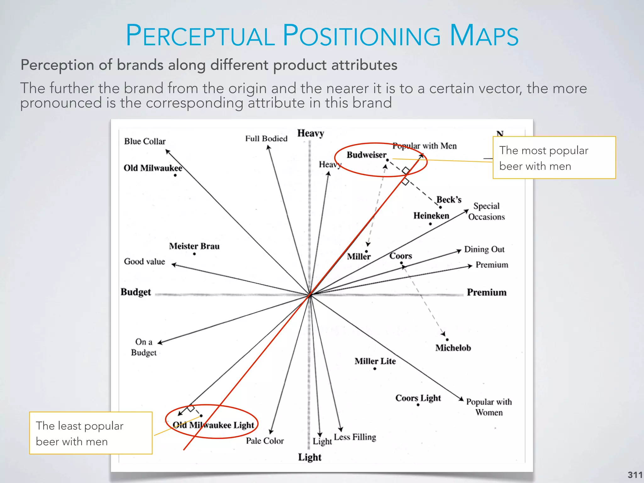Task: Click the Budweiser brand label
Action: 366,155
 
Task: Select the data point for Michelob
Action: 447,340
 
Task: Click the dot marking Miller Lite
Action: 375,369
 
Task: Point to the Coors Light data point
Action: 418,405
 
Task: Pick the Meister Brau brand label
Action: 194,246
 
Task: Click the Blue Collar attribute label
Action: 145,141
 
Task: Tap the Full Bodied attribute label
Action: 266,138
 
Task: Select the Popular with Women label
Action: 489,407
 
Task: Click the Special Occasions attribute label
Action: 486,211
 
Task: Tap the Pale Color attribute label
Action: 265,441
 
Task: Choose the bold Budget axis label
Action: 136,292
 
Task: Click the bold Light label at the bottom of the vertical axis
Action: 310,457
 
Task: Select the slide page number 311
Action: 635,475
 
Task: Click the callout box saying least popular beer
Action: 91,433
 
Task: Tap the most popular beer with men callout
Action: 554,158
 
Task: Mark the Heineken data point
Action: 430,224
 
